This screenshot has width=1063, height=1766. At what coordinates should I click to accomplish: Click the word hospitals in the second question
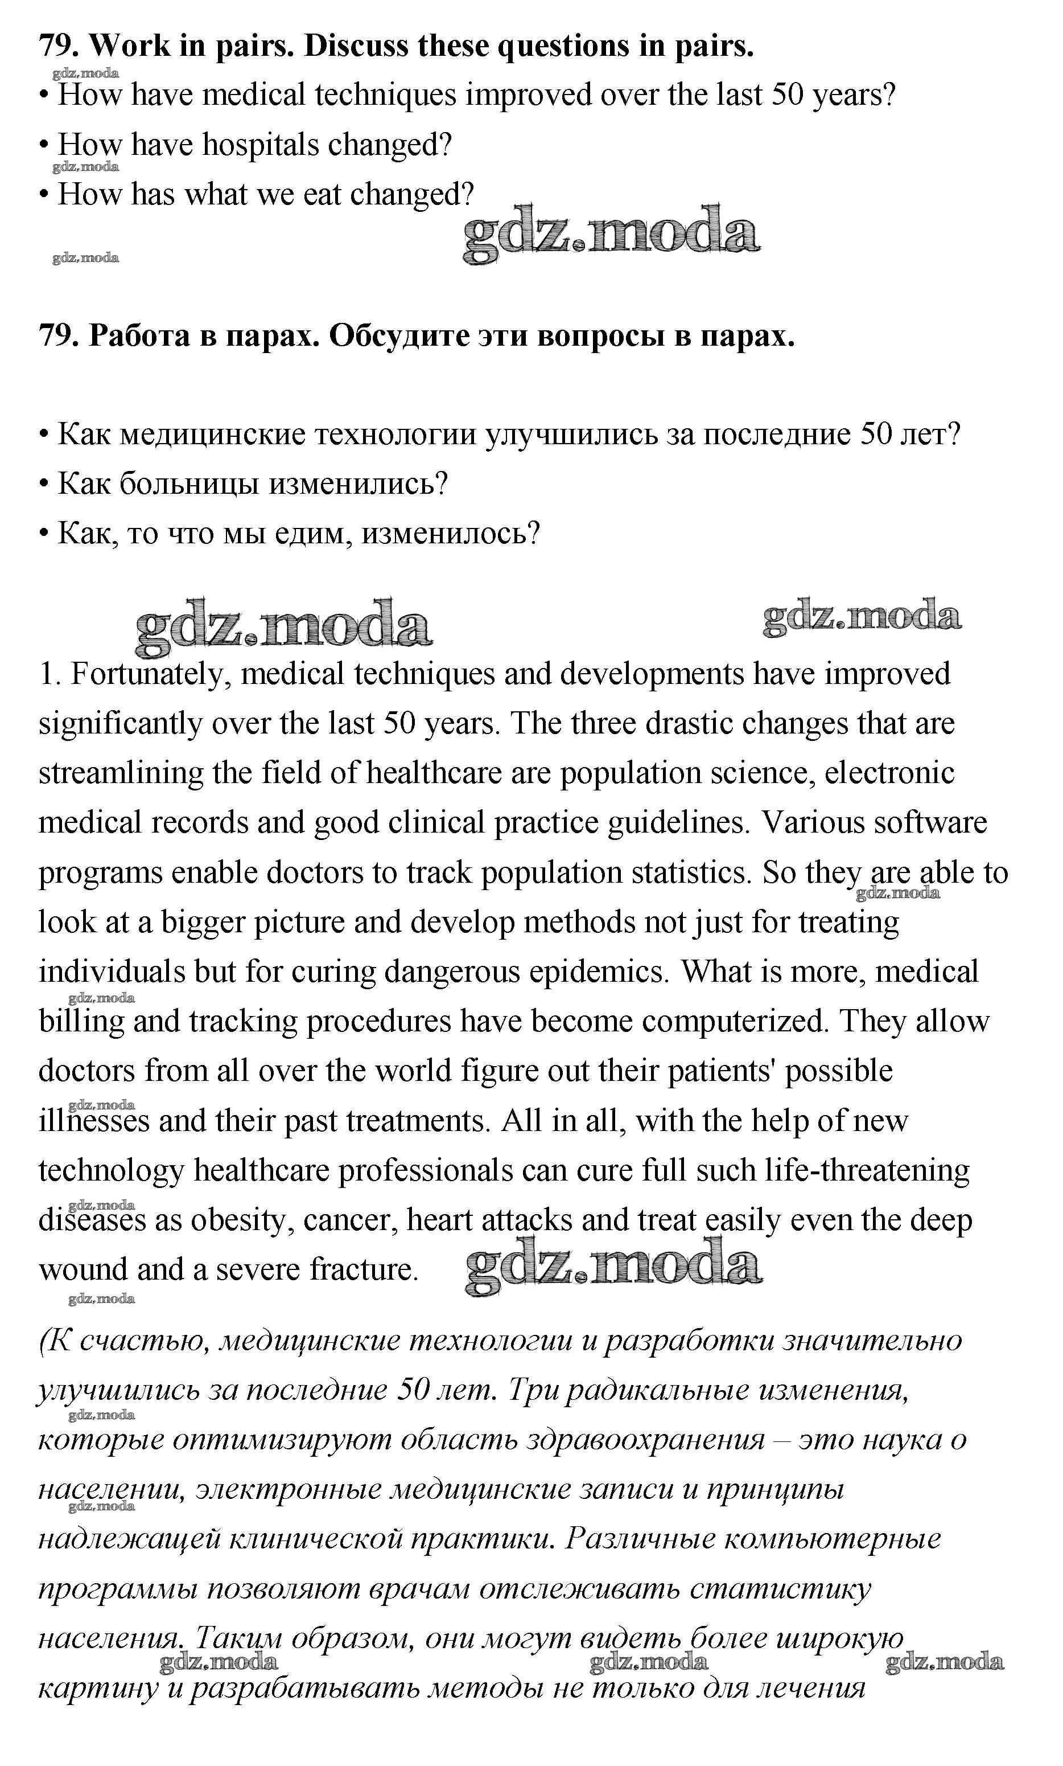pos(261,145)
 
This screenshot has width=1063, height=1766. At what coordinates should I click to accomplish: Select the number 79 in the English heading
pos(57,47)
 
